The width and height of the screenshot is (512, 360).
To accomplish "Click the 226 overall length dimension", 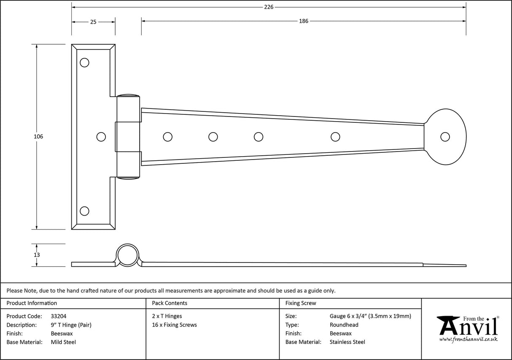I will (269, 7).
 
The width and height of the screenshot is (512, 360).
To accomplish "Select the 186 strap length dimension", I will (304, 21).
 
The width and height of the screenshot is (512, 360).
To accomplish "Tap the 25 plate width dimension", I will (93, 22).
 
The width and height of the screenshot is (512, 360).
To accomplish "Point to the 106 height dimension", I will (38, 136).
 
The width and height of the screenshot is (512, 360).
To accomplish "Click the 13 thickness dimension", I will (37, 255).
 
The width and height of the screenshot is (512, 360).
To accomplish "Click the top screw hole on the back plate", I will (84, 62).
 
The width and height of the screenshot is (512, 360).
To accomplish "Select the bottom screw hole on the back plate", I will (84, 211).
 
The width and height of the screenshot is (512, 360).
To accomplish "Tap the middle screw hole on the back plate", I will (101, 137).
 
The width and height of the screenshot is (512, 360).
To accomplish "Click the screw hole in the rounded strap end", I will (445, 137).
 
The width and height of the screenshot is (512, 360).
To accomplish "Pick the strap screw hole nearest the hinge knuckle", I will (167, 137).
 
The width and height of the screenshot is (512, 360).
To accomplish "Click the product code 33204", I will (58, 316).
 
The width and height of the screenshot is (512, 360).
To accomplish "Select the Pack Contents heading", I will (170, 303).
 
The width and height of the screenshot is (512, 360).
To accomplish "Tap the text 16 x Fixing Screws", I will (174, 325).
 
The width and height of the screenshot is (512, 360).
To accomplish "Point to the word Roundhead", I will (344, 325).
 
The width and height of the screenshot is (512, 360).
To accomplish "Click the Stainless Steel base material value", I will (347, 342).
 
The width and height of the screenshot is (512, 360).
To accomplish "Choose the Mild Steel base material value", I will (63, 342).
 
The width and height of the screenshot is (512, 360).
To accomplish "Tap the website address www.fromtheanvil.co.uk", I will (468, 339).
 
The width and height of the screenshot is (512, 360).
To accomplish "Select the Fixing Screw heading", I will (300, 303).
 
